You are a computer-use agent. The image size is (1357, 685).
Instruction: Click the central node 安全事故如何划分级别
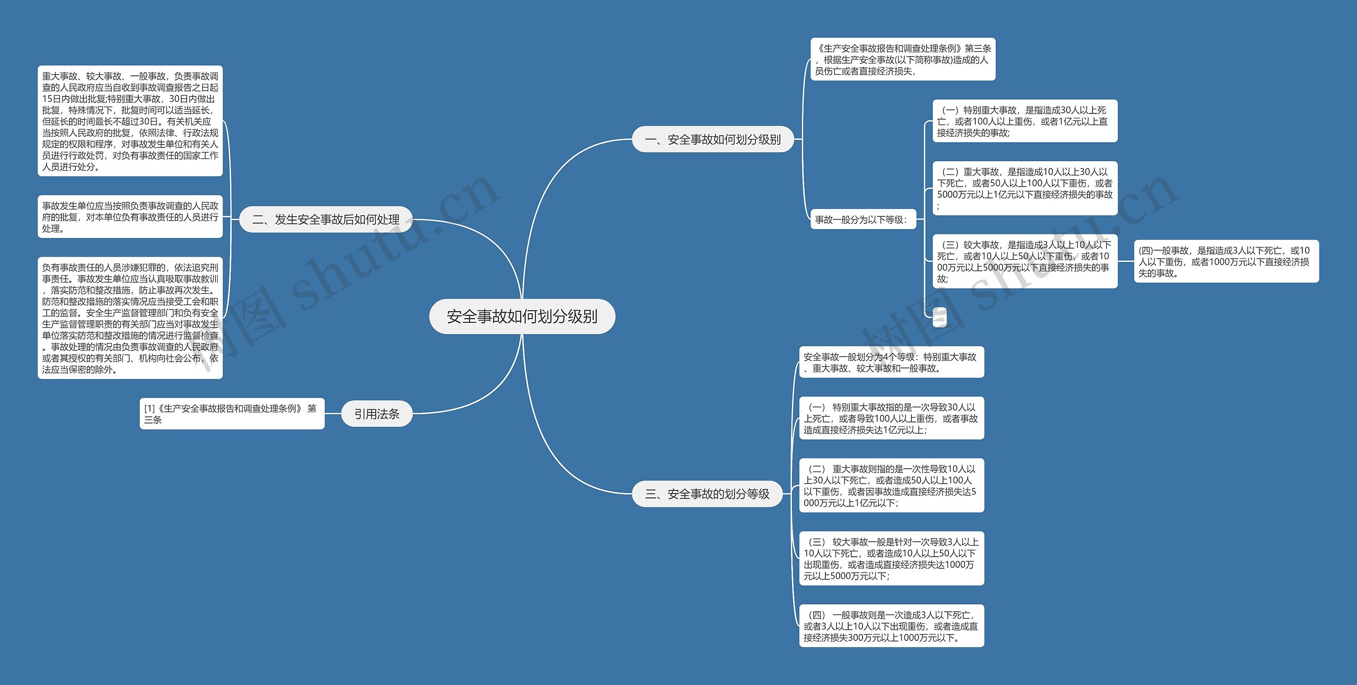(522, 317)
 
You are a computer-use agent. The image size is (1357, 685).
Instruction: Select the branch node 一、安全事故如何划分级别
(712, 139)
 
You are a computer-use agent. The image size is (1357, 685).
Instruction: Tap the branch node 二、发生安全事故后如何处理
(326, 219)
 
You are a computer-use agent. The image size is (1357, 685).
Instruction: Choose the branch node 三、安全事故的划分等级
(707, 494)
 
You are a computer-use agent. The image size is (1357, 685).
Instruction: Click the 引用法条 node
(376, 414)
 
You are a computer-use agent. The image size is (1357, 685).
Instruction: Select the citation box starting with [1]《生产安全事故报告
(232, 414)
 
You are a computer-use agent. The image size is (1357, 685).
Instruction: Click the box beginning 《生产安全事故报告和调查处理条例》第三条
(903, 59)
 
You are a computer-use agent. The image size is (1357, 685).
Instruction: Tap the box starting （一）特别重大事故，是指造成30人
(1025, 121)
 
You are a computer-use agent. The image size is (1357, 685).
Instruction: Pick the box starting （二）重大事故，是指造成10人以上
(1025, 188)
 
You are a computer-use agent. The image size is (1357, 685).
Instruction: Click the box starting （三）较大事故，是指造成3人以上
(1025, 261)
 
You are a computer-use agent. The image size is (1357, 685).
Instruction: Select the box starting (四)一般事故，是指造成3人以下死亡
(1226, 261)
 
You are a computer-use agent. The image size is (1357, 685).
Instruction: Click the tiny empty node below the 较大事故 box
(939, 317)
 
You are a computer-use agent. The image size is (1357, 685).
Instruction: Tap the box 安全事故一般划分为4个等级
(891, 363)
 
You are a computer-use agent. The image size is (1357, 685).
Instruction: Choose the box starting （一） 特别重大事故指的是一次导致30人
(891, 418)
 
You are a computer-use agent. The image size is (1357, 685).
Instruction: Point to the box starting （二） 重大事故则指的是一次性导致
(891, 486)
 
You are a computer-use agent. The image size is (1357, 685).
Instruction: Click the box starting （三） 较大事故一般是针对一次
(891, 559)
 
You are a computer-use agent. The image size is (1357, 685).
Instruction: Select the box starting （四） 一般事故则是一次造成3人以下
(891, 626)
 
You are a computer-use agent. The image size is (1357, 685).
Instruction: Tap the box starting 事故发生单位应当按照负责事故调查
(130, 217)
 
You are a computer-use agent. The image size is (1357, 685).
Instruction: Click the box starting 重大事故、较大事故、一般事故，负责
(130, 121)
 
